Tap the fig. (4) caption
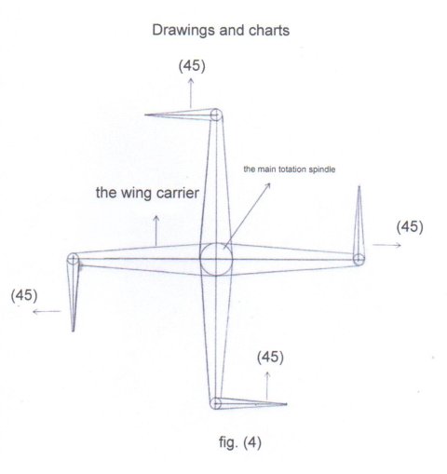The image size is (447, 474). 240,442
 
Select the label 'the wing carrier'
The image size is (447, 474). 147,193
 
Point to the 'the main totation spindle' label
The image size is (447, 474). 290,169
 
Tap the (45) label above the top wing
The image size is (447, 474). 192,66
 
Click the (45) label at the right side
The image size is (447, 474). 410,227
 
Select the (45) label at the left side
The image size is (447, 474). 24,295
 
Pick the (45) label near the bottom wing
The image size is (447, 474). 270,358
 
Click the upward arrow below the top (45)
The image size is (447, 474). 191,93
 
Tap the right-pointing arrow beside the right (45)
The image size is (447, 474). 387,245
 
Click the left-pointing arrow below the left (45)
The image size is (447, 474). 47,311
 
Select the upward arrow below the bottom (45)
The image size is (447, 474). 267,386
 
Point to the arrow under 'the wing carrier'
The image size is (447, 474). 156,231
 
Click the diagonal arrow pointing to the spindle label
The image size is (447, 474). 247,215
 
